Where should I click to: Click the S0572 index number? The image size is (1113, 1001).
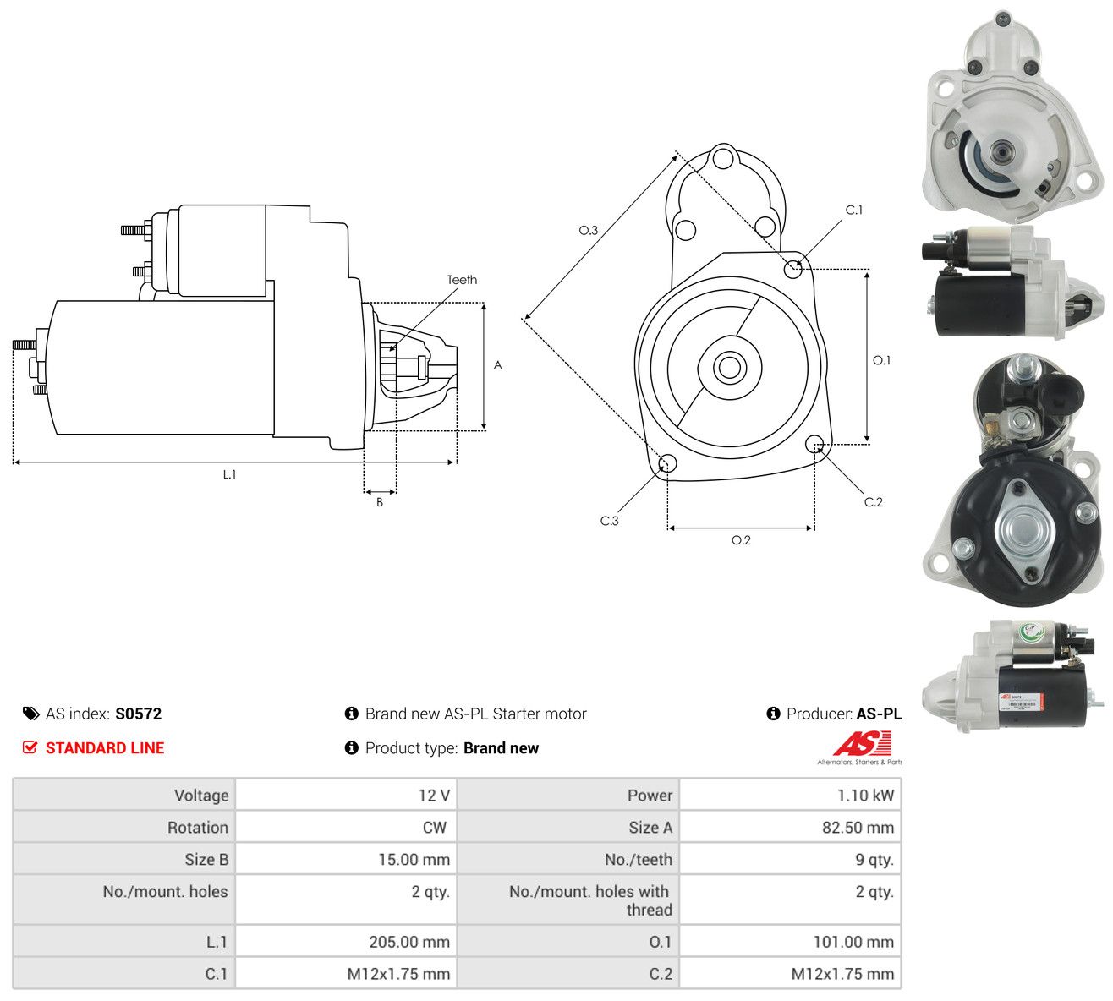point(138,714)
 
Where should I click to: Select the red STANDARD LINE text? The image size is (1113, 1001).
point(105,748)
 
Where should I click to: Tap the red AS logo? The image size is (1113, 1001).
point(863,743)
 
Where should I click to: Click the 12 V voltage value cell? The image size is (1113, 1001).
point(434,796)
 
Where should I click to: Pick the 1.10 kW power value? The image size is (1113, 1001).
point(865,796)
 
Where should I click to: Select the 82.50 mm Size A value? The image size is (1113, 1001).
point(858,828)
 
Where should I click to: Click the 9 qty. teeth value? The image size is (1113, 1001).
point(874,860)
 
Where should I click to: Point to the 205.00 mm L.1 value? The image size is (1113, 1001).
point(409,942)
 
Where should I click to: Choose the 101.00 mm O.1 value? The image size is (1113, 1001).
point(854,942)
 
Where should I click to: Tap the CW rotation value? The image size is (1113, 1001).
point(435,828)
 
